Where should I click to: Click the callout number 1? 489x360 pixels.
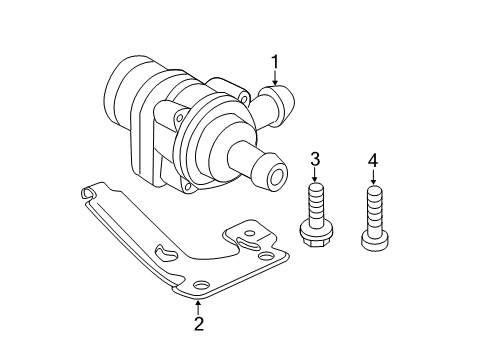(x=275, y=63)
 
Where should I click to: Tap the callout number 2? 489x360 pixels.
(x=199, y=324)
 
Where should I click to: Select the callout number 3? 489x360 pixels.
(x=315, y=159)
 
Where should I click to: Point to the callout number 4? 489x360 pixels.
(x=373, y=161)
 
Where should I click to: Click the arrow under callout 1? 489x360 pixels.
(x=275, y=78)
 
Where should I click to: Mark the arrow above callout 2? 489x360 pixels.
(x=198, y=307)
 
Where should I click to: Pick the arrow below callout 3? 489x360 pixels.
(x=315, y=175)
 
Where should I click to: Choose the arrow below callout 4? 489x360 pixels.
(x=373, y=177)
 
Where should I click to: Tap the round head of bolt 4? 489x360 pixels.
(x=375, y=240)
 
